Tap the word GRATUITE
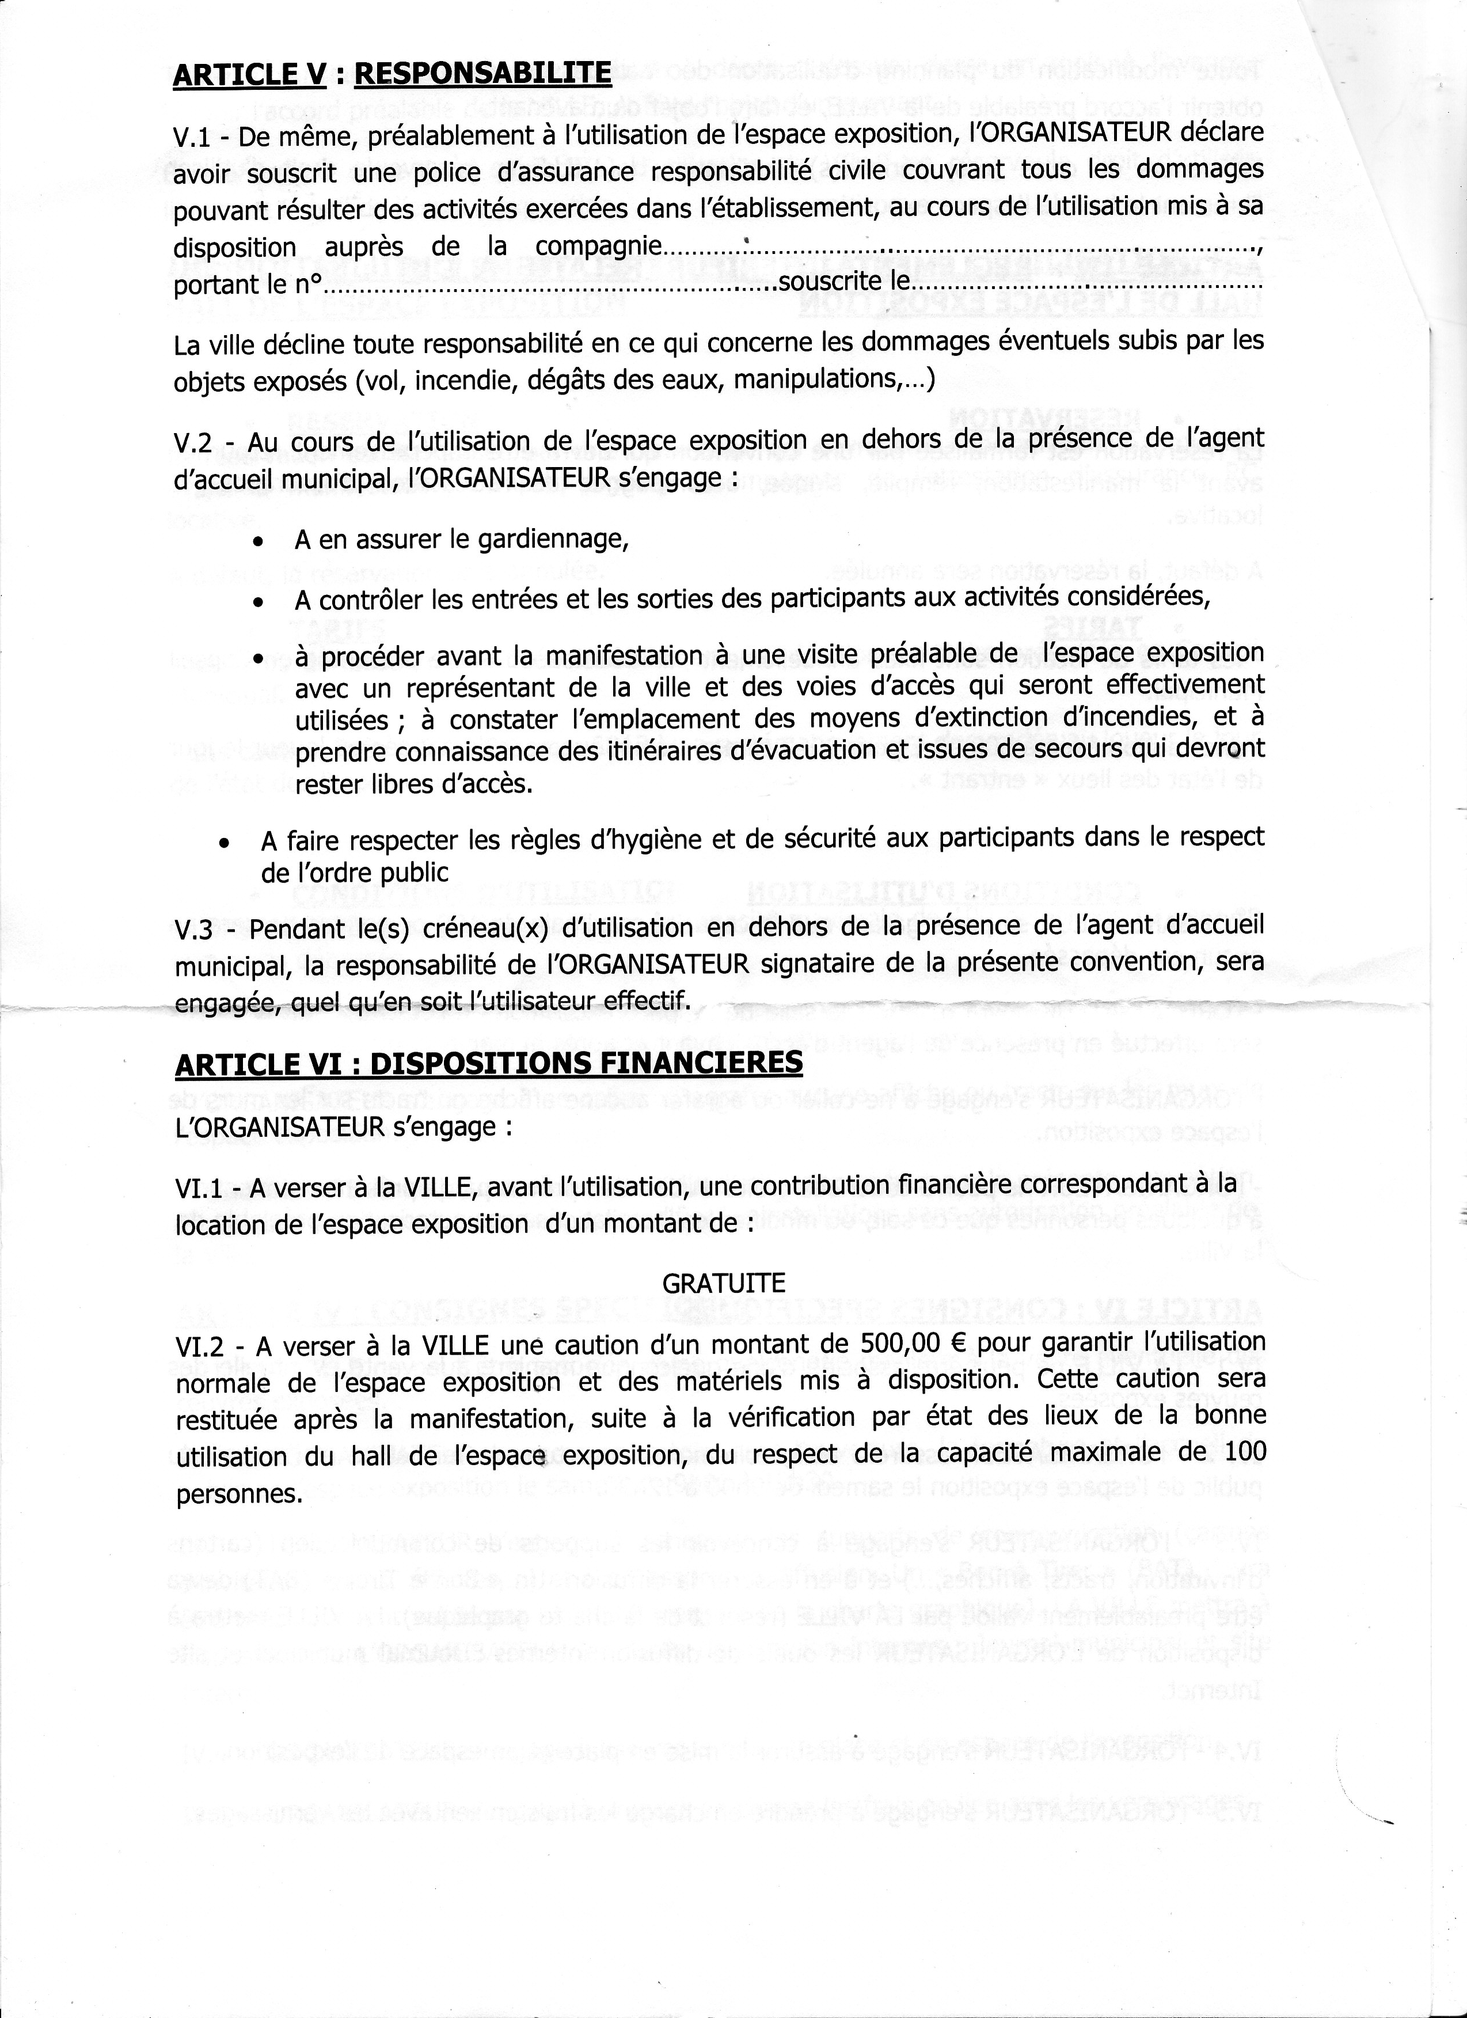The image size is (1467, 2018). [x=723, y=1284]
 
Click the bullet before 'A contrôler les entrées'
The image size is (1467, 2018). [x=257, y=602]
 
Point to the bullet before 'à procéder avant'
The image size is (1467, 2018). [x=257, y=659]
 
